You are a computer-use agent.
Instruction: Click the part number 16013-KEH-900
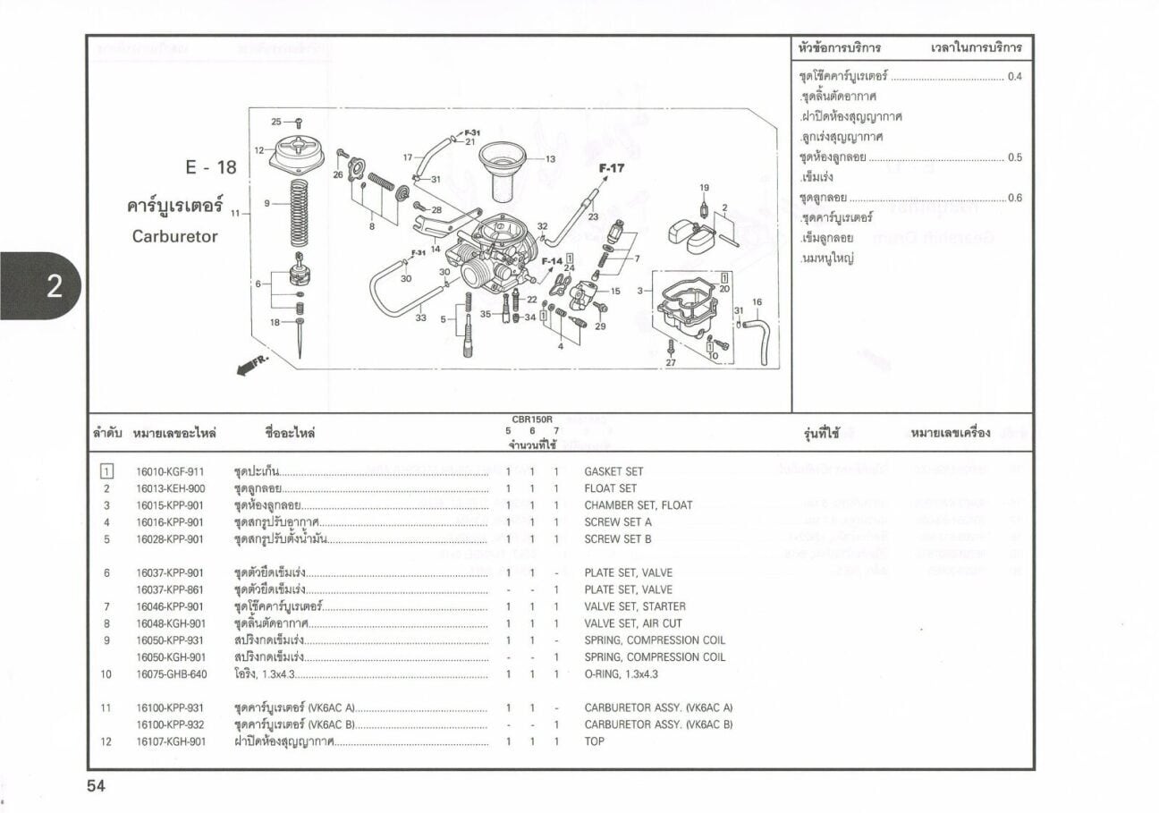(x=170, y=488)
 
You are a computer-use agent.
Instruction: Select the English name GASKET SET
(x=613, y=471)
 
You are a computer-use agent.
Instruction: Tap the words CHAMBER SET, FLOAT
(x=638, y=505)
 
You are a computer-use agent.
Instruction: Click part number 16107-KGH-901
(x=170, y=741)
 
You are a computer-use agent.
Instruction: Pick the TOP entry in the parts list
(x=594, y=741)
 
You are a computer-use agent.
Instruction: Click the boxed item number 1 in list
(x=106, y=471)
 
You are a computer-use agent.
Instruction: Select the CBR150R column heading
(x=532, y=419)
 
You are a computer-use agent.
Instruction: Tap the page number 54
(x=96, y=786)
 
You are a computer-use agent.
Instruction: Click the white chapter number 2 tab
(x=53, y=286)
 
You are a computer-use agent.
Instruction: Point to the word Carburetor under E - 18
(x=175, y=237)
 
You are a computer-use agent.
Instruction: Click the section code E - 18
(x=211, y=167)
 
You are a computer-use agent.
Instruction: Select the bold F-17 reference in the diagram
(x=612, y=167)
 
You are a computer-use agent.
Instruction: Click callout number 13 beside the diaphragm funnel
(x=550, y=159)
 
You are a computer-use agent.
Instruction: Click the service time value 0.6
(x=1014, y=199)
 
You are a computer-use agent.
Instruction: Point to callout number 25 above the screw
(x=276, y=122)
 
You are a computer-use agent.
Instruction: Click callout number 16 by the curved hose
(x=757, y=302)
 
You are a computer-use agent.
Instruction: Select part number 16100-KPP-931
(x=170, y=707)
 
